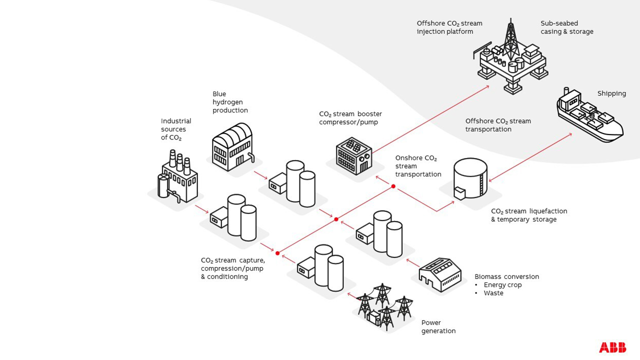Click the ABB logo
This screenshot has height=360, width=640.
[x=612, y=347]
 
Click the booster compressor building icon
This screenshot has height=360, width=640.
[x=353, y=155]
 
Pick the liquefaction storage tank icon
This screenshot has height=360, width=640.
[x=470, y=179]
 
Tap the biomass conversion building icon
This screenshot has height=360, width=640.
[x=436, y=274]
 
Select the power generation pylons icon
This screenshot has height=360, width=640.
[x=384, y=306]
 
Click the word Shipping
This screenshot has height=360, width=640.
[x=611, y=93]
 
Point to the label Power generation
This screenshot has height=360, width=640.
[x=438, y=327]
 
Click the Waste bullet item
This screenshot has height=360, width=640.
[x=493, y=293]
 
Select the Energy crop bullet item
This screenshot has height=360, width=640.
[x=502, y=285]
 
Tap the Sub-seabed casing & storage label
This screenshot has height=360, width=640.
[x=566, y=27]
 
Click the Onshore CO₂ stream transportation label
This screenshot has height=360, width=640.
[x=418, y=166]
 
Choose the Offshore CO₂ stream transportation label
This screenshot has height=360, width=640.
[x=498, y=125]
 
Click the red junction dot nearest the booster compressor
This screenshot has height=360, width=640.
[x=393, y=186]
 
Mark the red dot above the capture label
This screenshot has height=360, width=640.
[x=277, y=253]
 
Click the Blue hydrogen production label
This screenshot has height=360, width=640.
[x=230, y=102]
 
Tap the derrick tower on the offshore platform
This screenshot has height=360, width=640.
[x=510, y=37]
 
